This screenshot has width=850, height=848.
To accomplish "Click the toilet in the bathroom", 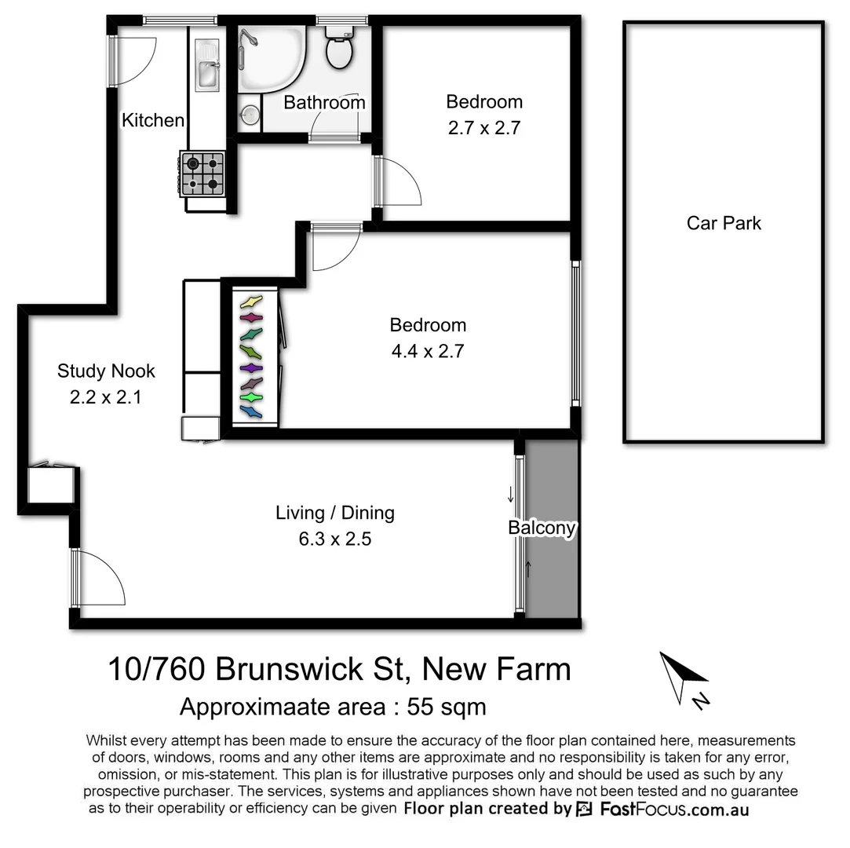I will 339,49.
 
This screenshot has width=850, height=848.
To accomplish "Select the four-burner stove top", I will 203,174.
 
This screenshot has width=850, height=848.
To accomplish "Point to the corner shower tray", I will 271,59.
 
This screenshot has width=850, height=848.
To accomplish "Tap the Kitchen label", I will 153,120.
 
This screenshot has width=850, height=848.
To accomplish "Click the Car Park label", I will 724,223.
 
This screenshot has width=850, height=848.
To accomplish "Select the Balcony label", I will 542,528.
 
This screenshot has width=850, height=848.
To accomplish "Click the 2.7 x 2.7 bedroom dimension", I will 484,128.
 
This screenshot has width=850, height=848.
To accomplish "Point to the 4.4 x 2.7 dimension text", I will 428,351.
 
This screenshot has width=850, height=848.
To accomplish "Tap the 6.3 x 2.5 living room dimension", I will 334,539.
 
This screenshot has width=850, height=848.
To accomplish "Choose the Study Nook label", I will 106,371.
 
